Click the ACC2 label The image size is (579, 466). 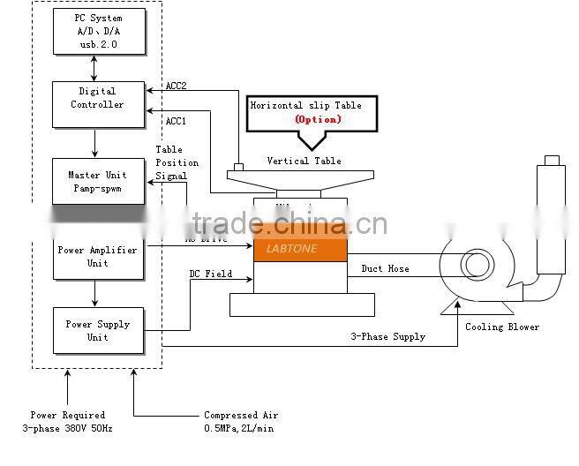(x=177, y=86)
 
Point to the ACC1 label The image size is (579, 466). (x=177, y=120)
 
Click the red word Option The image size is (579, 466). (x=317, y=119)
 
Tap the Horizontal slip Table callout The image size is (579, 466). (x=306, y=112)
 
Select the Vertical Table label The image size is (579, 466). (x=304, y=161)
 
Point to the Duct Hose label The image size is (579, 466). (x=385, y=268)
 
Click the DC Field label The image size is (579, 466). (x=211, y=274)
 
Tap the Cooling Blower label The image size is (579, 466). (x=502, y=327)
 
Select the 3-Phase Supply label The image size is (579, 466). (x=388, y=336)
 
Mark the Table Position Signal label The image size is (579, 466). (x=177, y=162)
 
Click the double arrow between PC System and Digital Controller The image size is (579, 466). (x=94, y=67)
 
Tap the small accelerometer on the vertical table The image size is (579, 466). (x=237, y=166)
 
